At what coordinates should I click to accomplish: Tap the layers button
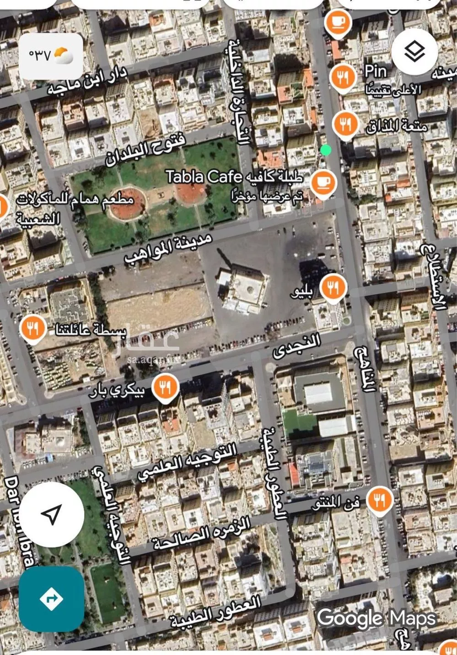(x=414, y=51)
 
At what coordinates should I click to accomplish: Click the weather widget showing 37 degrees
(x=51, y=56)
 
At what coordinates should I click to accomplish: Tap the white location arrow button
(x=51, y=514)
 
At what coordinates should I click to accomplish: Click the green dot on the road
(x=326, y=150)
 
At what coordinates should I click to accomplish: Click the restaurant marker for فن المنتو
(x=380, y=499)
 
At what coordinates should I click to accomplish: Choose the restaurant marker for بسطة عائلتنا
(x=32, y=328)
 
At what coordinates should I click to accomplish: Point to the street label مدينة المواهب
(x=168, y=249)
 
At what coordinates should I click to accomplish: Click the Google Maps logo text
(x=376, y=618)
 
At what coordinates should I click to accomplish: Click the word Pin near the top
(x=376, y=71)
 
